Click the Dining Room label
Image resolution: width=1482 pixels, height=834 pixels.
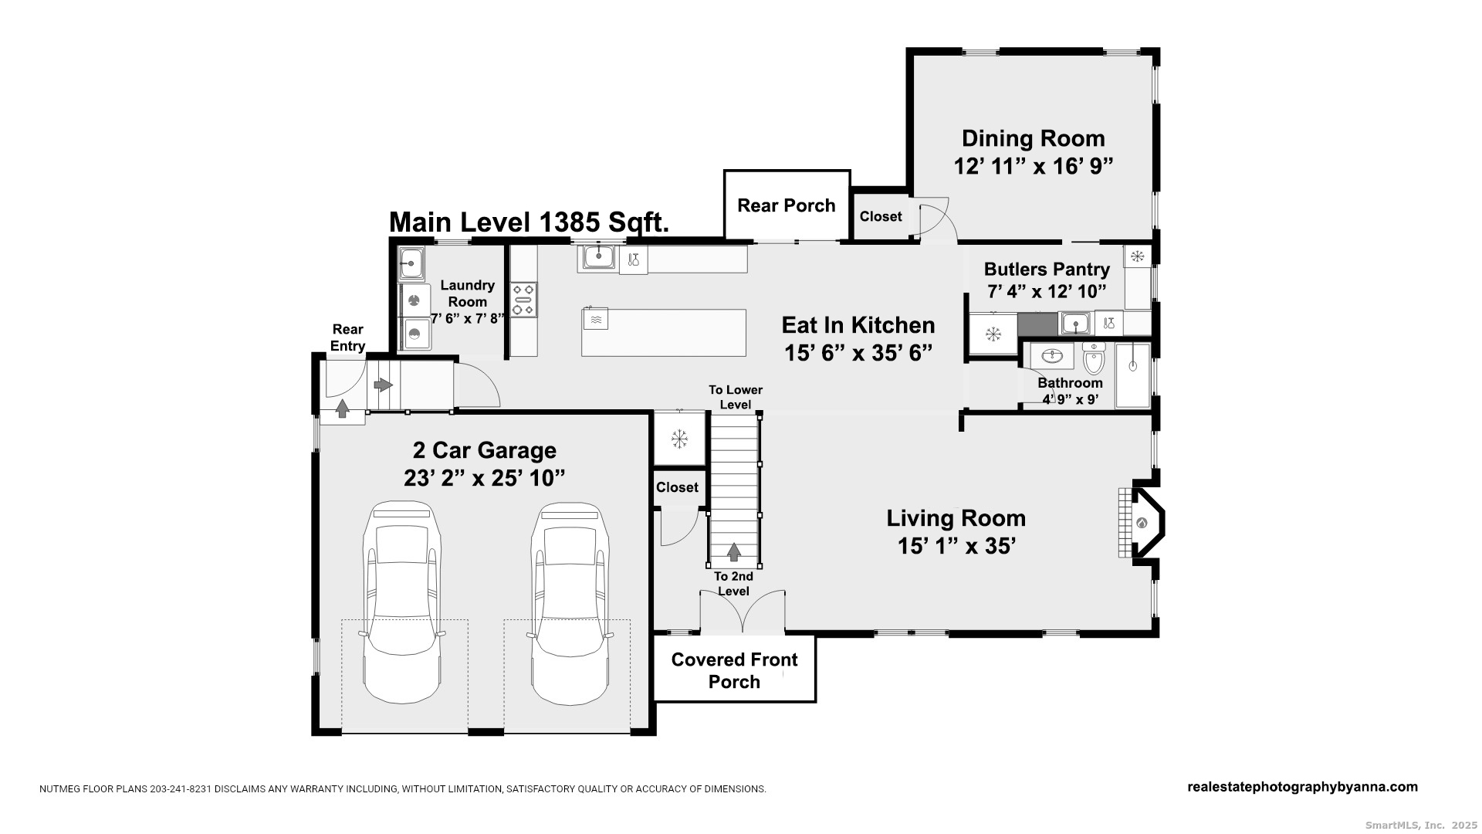pyautogui.click(x=1033, y=139)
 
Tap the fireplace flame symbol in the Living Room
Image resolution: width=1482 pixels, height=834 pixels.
pyautogui.click(x=1142, y=523)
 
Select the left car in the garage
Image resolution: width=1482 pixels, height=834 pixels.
pyautogui.click(x=404, y=602)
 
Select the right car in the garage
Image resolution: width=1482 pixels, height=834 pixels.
pyautogui.click(x=570, y=602)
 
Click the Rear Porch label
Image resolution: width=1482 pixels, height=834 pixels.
pyautogui.click(x=787, y=205)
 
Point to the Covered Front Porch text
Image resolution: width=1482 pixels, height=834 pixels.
pyautogui.click(x=734, y=670)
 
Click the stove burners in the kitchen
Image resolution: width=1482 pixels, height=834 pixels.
pyautogui.click(x=524, y=299)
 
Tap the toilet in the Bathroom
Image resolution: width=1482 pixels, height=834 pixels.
pyautogui.click(x=1094, y=359)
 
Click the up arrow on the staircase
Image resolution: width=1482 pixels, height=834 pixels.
pyautogui.click(x=734, y=551)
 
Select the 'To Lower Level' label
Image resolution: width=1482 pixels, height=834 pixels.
pyautogui.click(x=736, y=397)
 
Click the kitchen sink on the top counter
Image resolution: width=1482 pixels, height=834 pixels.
pyautogui.click(x=598, y=256)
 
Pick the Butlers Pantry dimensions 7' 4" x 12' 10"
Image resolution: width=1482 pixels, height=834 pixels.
pyautogui.click(x=1047, y=292)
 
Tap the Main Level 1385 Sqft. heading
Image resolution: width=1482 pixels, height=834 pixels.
pyautogui.click(x=529, y=222)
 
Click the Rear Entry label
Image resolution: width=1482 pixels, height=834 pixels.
pyautogui.click(x=348, y=337)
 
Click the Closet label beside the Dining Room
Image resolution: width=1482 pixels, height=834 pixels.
pyautogui.click(x=881, y=216)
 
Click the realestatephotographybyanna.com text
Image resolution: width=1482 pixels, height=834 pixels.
pyautogui.click(x=1302, y=787)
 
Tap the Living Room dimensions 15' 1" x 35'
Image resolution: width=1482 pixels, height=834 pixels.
pyautogui.click(x=956, y=546)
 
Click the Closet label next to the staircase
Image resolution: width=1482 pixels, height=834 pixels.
pyautogui.click(x=677, y=487)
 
